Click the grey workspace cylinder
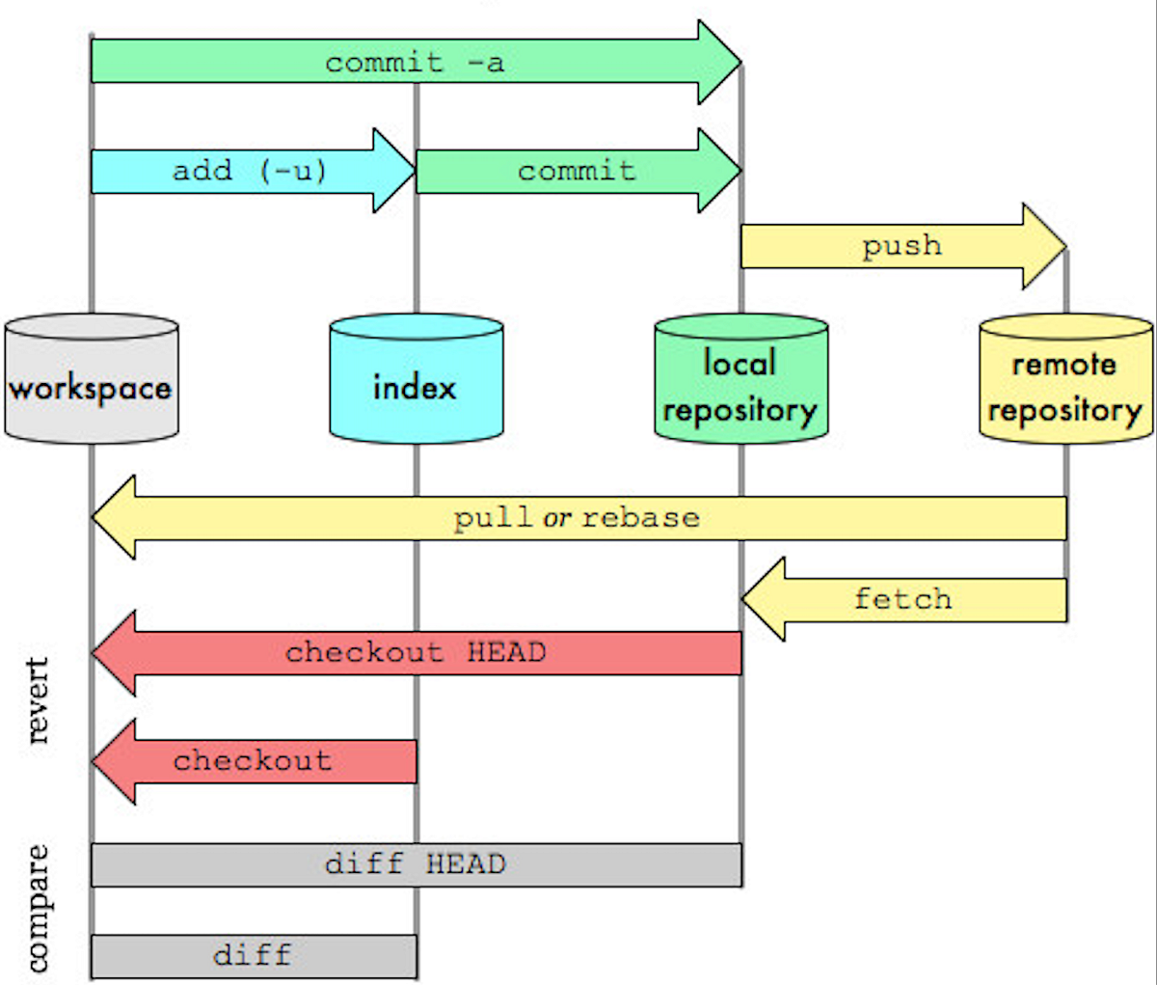(x=91, y=379)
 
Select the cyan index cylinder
(x=416, y=379)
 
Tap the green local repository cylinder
(x=740, y=379)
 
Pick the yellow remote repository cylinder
(x=1065, y=379)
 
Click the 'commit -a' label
(x=415, y=64)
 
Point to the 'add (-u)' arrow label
(x=250, y=172)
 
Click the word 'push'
(x=901, y=246)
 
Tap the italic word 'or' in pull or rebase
(x=556, y=518)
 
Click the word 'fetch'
(x=902, y=599)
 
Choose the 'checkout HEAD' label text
(x=416, y=653)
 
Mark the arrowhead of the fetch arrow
(x=765, y=599)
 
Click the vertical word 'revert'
(x=38, y=700)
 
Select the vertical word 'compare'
(x=38, y=908)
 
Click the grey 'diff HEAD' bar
(x=416, y=864)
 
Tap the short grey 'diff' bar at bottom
(x=253, y=956)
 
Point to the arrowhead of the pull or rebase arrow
(x=115, y=517)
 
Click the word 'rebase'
(x=640, y=518)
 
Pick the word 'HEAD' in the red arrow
(x=506, y=653)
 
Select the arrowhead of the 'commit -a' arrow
(x=719, y=63)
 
